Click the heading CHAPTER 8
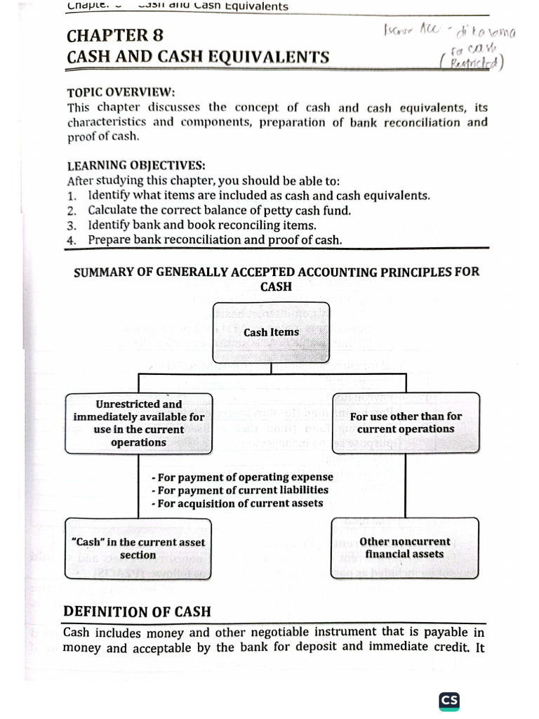[x=117, y=35]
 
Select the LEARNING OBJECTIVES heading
[x=136, y=166]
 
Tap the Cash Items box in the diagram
[x=271, y=333]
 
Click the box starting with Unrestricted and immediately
[x=138, y=423]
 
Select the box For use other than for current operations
[x=405, y=423]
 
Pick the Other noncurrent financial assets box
[x=404, y=548]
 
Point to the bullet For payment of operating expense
[x=241, y=477]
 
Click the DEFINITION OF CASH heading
[x=137, y=612]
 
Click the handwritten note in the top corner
[x=445, y=45]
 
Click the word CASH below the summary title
[x=276, y=286]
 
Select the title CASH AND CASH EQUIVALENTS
[x=198, y=57]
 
